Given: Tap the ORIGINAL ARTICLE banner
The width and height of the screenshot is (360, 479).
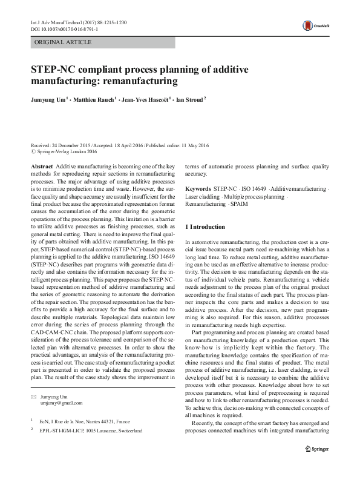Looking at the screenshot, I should click(64, 42).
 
